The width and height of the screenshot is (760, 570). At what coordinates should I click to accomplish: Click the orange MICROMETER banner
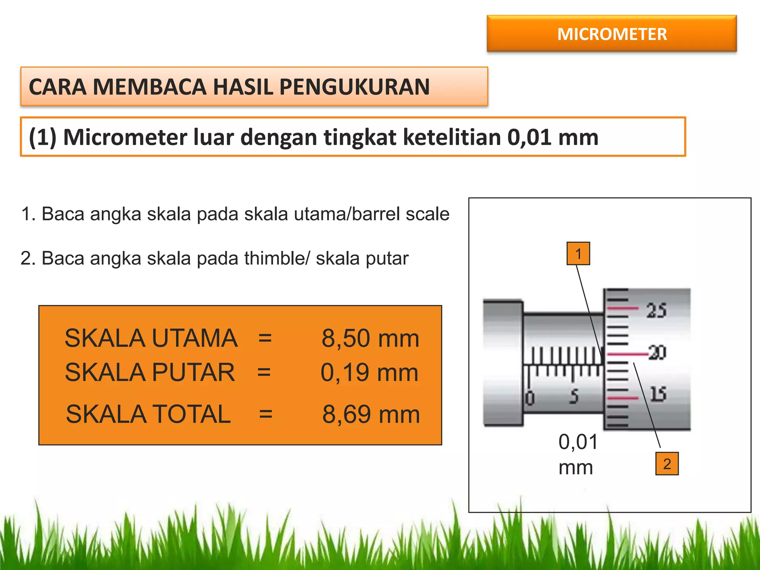tap(612, 34)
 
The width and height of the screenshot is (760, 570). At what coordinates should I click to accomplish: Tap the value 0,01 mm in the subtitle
tap(553, 137)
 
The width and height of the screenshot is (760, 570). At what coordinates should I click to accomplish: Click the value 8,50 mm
tap(370, 338)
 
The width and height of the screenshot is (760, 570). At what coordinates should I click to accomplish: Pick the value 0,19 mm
tap(369, 372)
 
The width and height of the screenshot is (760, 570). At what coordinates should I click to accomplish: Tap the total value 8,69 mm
tap(371, 414)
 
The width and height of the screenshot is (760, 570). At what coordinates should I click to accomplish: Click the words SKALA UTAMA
tap(151, 338)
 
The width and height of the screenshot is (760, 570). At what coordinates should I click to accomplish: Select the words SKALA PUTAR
tap(150, 372)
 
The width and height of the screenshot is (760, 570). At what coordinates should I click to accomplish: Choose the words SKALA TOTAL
tap(148, 414)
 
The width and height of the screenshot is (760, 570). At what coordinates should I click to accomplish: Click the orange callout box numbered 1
tap(578, 254)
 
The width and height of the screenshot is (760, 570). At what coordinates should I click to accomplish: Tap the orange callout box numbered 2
tap(667, 464)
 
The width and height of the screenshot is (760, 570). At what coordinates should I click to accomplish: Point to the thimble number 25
tap(656, 311)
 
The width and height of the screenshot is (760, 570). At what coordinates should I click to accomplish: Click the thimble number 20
tap(657, 353)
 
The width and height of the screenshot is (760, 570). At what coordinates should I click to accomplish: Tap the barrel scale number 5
tap(574, 396)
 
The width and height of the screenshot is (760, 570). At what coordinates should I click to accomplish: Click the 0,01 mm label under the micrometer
tap(578, 454)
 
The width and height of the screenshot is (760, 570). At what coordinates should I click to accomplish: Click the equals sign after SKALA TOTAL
tap(266, 414)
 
